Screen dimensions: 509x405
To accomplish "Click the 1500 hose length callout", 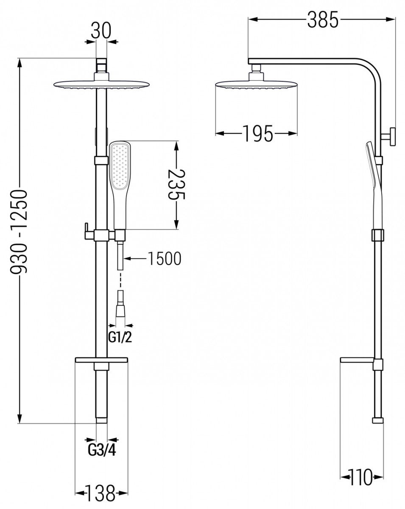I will click(x=164, y=258).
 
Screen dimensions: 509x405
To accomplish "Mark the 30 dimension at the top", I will click(x=101, y=31).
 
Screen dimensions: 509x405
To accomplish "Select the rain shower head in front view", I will click(x=101, y=83).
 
